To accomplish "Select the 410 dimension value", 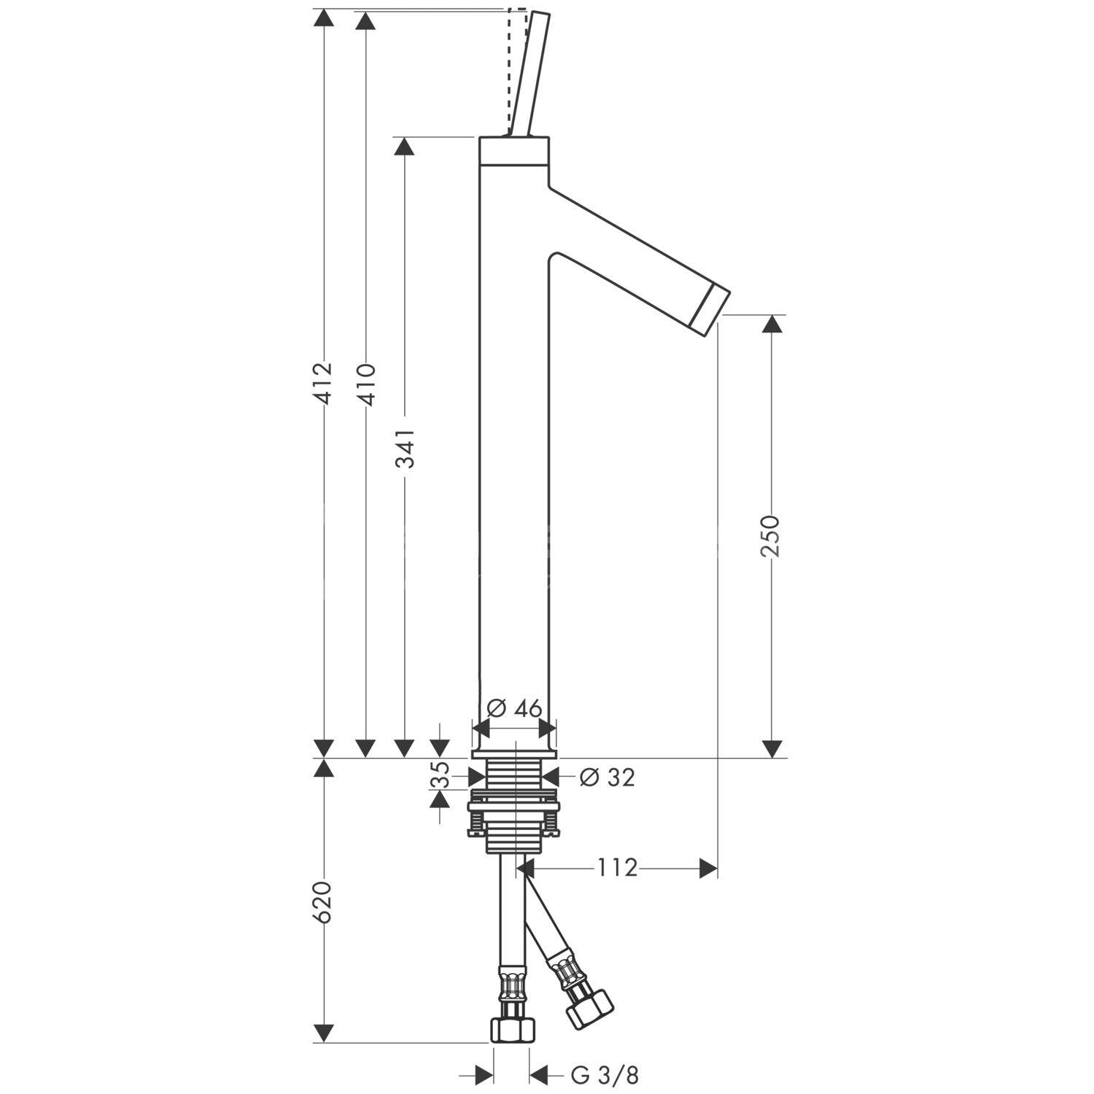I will pyautogui.click(x=365, y=384).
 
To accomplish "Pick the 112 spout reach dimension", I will pyautogui.click(x=617, y=868).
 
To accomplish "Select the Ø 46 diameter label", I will pyautogui.click(x=514, y=708).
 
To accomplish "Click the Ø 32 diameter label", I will pyautogui.click(x=607, y=777).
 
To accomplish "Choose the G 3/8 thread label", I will pyautogui.click(x=605, y=1074).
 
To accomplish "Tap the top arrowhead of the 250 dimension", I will pyautogui.click(x=772, y=325).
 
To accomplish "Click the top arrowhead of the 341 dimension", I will pyautogui.click(x=404, y=146).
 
